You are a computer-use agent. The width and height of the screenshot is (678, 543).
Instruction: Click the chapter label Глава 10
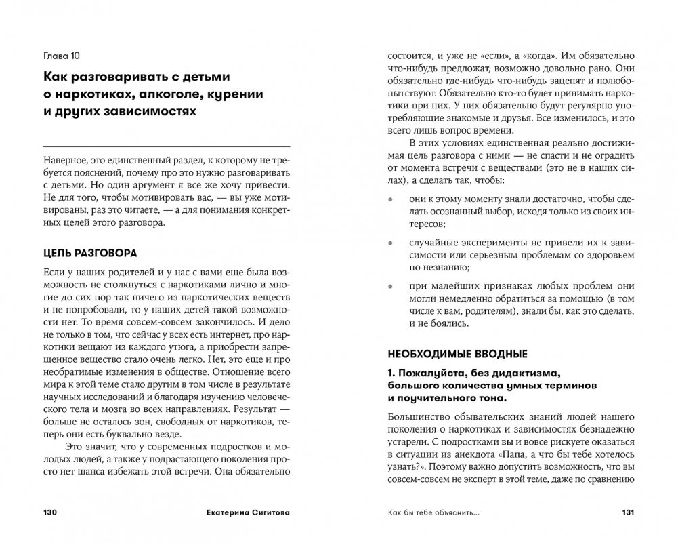pos(61,54)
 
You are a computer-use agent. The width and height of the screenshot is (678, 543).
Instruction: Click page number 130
pos(53,512)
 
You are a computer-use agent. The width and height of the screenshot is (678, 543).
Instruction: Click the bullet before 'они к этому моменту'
pos(389,201)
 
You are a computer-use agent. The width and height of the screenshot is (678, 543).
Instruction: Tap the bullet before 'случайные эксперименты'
pos(389,242)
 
